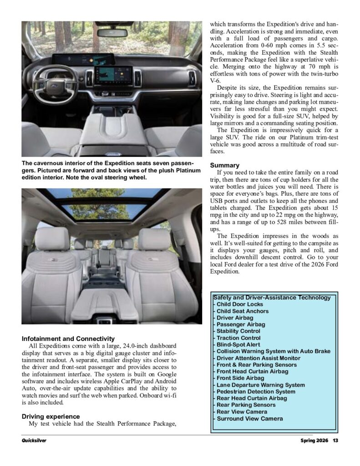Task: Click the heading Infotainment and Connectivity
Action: click(x=68, y=339)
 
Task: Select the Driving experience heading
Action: click(x=51, y=416)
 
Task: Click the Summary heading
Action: click(x=225, y=165)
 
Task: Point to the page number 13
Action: click(x=335, y=440)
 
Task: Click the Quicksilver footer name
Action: click(x=34, y=440)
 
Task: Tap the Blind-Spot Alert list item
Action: click(x=238, y=344)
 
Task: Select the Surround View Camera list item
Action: click(x=249, y=418)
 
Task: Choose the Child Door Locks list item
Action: click(x=239, y=304)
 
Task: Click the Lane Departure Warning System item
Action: click(x=260, y=385)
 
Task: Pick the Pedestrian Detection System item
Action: click(x=256, y=391)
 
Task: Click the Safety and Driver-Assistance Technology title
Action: click(x=272, y=298)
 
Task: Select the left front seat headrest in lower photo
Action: click(x=51, y=238)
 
